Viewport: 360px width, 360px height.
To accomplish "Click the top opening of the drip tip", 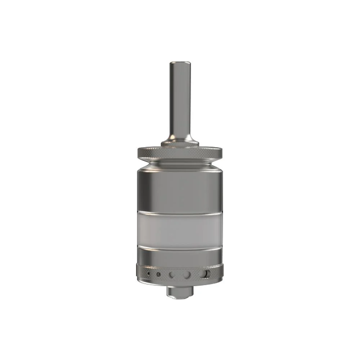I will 180,63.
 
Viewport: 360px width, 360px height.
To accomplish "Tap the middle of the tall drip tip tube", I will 180,101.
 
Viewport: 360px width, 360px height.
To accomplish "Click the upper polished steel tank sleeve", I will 180,191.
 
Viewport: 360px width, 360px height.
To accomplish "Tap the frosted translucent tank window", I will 180,230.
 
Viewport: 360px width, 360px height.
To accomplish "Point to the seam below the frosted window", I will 180,248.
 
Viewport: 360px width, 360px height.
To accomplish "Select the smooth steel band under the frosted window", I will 180,256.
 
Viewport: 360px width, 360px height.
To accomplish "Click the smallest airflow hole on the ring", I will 148,275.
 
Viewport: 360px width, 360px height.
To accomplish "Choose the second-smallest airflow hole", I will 158,275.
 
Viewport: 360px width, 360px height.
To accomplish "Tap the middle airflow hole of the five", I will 172,275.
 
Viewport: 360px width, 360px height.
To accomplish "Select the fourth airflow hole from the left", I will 187,275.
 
